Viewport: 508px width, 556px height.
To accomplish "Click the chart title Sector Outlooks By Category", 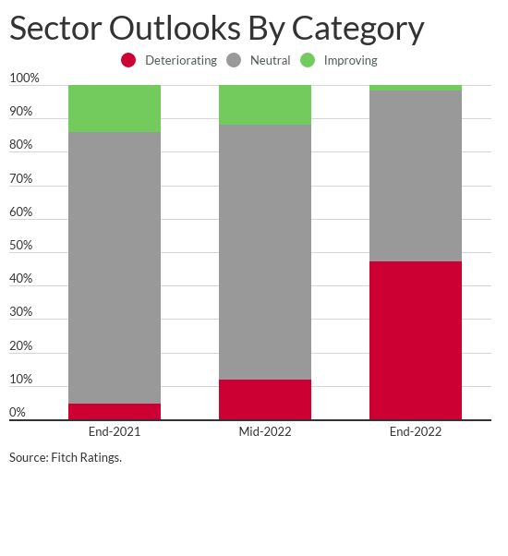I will point(216,28).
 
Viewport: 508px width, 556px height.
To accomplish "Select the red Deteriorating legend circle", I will point(128,60).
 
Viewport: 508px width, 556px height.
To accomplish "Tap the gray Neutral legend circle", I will point(234,60).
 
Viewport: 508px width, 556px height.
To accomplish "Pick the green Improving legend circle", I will point(308,60).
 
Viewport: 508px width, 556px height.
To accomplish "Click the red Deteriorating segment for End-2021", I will point(115,412).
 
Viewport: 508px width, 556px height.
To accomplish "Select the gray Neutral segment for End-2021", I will point(115,268).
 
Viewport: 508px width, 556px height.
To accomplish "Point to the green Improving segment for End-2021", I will point(115,109).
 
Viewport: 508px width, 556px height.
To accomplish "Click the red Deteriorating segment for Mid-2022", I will point(265,400).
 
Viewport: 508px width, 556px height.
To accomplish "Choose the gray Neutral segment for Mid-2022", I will point(265,252).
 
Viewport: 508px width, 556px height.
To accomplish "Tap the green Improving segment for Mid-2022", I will point(265,105).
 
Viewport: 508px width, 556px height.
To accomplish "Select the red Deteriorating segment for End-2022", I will point(416,341).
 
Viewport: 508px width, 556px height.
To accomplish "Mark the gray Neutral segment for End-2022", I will point(416,176).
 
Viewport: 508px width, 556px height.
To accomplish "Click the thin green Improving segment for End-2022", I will point(416,88).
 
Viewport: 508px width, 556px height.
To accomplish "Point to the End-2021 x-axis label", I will point(115,431).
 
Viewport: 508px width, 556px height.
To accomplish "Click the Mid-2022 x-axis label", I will point(265,431).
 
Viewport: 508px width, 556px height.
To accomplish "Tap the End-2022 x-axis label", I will point(416,431).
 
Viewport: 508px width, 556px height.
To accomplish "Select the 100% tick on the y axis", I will point(24,79).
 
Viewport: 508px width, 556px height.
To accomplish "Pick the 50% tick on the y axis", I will point(21,246).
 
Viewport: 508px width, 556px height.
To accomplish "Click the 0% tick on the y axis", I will point(18,413).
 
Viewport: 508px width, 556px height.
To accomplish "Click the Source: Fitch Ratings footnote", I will point(66,457).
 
